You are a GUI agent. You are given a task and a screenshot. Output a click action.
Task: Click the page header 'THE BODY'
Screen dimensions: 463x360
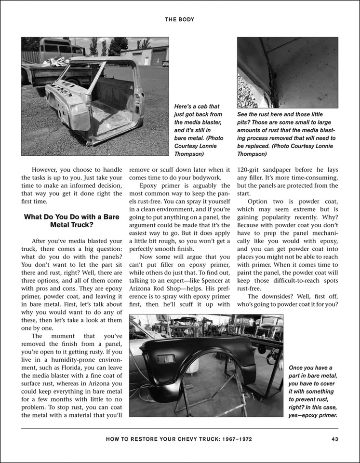point(180,20)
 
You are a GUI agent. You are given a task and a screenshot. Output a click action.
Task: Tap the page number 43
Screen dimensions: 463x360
point(334,439)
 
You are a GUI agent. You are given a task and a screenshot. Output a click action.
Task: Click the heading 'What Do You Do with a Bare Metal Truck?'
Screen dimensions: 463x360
point(71,220)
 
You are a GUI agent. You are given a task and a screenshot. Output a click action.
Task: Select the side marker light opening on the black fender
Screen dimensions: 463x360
point(165,359)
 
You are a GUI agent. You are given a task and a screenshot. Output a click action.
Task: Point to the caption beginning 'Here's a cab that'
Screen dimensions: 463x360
point(199,130)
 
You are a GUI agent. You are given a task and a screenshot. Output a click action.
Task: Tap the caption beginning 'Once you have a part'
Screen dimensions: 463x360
point(312,391)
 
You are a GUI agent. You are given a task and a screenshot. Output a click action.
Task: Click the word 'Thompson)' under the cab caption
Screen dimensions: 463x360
point(189,154)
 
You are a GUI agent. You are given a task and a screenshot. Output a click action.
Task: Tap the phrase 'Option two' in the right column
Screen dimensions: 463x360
point(263,201)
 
